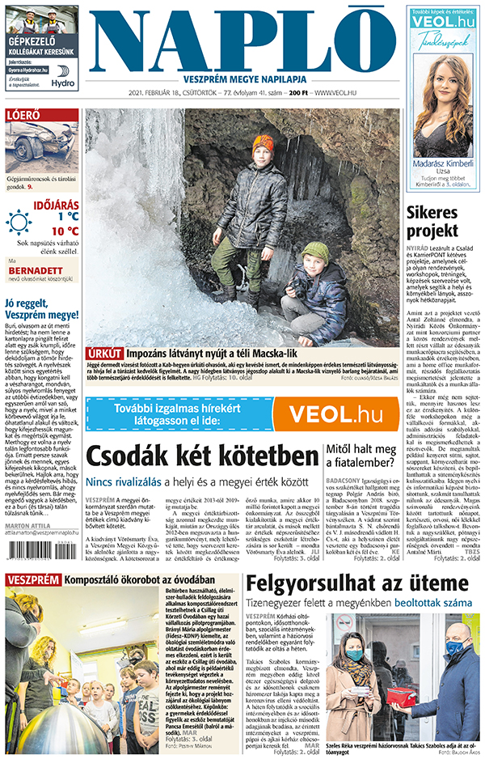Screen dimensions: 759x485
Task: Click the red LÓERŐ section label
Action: [x=24, y=116]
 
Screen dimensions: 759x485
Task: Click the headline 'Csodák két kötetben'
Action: [x=202, y=456]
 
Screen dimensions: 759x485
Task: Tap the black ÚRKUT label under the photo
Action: [x=106, y=354]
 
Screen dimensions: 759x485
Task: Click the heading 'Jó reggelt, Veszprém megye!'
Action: [x=41, y=309]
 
